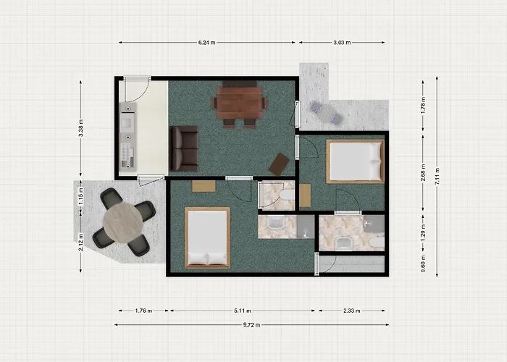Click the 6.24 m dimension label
208,43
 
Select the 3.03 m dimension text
343,43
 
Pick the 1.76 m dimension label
143,311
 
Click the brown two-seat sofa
184,148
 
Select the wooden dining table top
239,102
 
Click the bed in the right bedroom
354,161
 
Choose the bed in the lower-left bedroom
207,237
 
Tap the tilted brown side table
279,164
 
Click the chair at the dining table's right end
264,103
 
